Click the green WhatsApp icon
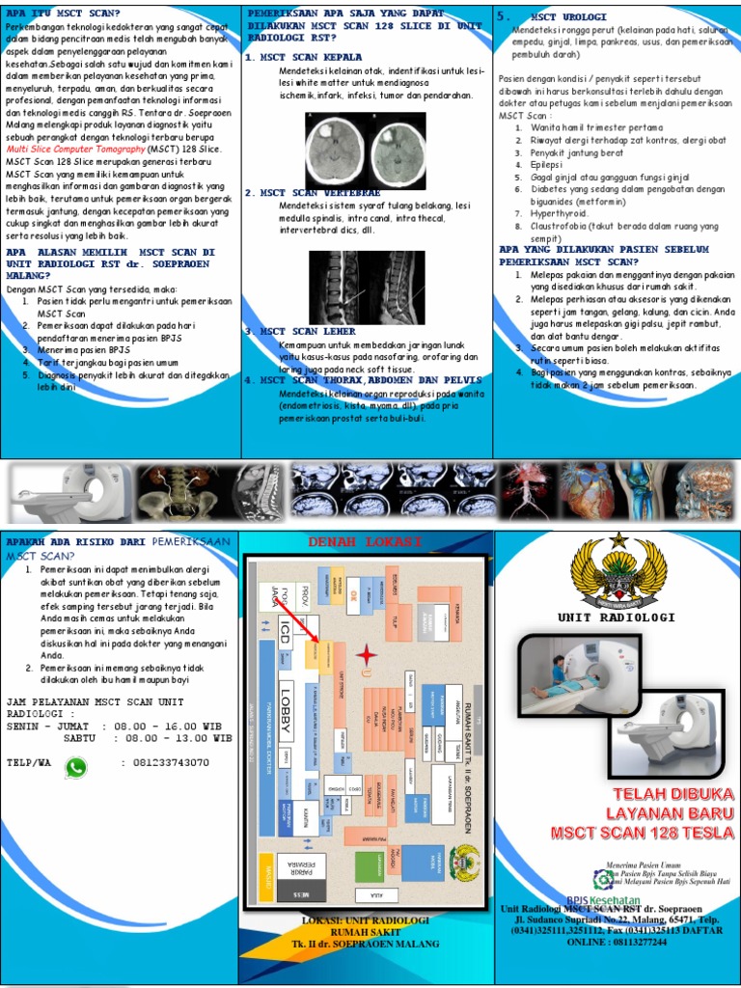click(x=75, y=768)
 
